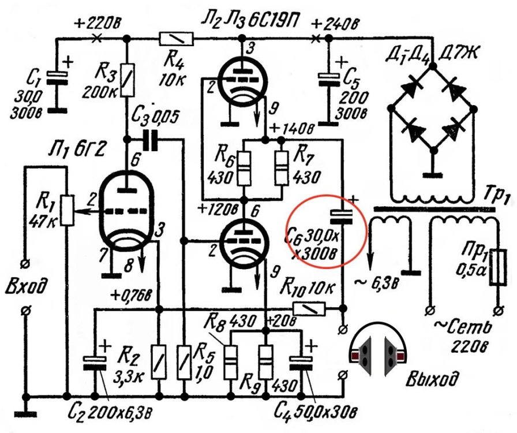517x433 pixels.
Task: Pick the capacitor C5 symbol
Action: [x=329, y=77]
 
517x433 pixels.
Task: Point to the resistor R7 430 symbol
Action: [x=281, y=168]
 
